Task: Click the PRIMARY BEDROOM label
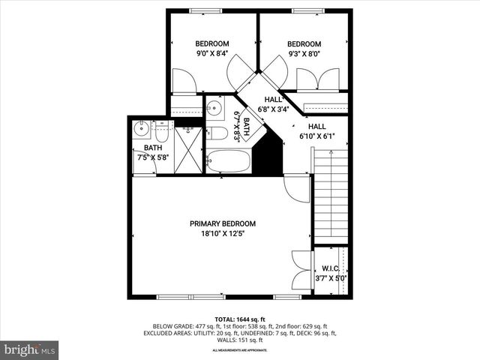(222, 223)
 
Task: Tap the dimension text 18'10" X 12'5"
(222, 234)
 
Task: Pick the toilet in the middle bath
(217, 133)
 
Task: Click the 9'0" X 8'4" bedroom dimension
(211, 54)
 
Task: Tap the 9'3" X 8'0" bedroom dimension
(304, 54)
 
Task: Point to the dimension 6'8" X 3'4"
(273, 109)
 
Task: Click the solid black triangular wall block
(265, 156)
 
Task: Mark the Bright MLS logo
(30, 350)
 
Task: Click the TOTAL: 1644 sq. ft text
(240, 319)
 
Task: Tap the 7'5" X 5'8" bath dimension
(153, 157)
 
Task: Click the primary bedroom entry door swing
(295, 186)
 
